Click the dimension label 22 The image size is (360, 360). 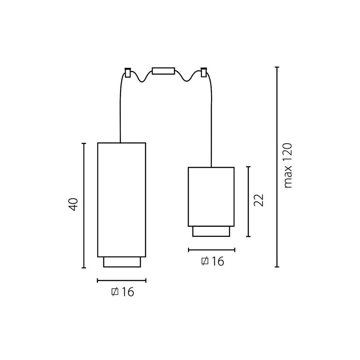coord(258,201)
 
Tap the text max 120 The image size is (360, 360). coord(288,166)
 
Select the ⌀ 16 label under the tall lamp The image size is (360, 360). coord(123,292)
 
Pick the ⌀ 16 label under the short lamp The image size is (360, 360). coord(213,261)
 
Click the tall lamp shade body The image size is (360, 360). coord(122,200)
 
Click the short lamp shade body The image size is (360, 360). coord(211,197)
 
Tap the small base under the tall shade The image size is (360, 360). coord(122,262)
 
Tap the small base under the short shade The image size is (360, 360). coord(211,231)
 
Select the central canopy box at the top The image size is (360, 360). coord(163,71)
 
